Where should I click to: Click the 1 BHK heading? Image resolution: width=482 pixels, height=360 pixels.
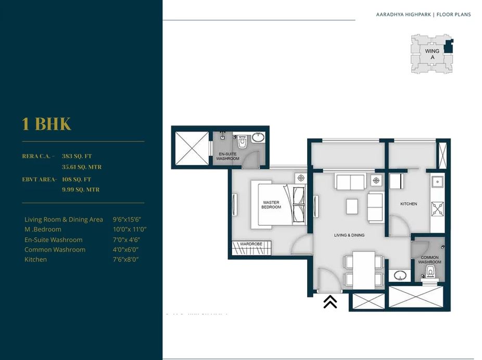tap(46, 124)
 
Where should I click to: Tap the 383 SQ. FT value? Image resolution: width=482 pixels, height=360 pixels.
tap(77, 156)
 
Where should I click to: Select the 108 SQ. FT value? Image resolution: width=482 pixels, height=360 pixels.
tap(77, 179)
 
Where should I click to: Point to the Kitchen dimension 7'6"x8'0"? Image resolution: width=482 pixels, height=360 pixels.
tap(125, 260)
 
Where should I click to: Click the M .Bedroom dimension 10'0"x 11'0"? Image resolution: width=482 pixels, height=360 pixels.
tap(130, 229)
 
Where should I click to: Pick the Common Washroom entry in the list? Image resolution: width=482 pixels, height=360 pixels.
tap(55, 250)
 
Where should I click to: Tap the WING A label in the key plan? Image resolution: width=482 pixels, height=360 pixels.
tap(432, 54)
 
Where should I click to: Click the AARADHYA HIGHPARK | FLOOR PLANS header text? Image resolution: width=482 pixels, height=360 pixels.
tap(423, 15)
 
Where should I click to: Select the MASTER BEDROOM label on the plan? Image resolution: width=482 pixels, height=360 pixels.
tap(271, 204)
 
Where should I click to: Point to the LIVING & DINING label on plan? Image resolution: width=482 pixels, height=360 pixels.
tap(349, 235)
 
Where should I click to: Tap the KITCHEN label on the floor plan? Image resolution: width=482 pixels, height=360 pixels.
tap(409, 204)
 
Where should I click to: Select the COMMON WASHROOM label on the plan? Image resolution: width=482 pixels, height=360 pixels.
tap(430, 260)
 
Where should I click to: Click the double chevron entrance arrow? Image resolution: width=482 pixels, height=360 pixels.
tap(330, 302)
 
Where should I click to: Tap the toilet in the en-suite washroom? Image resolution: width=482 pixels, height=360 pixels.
tap(241, 141)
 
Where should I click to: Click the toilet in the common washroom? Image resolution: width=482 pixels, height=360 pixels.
tap(430, 274)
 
